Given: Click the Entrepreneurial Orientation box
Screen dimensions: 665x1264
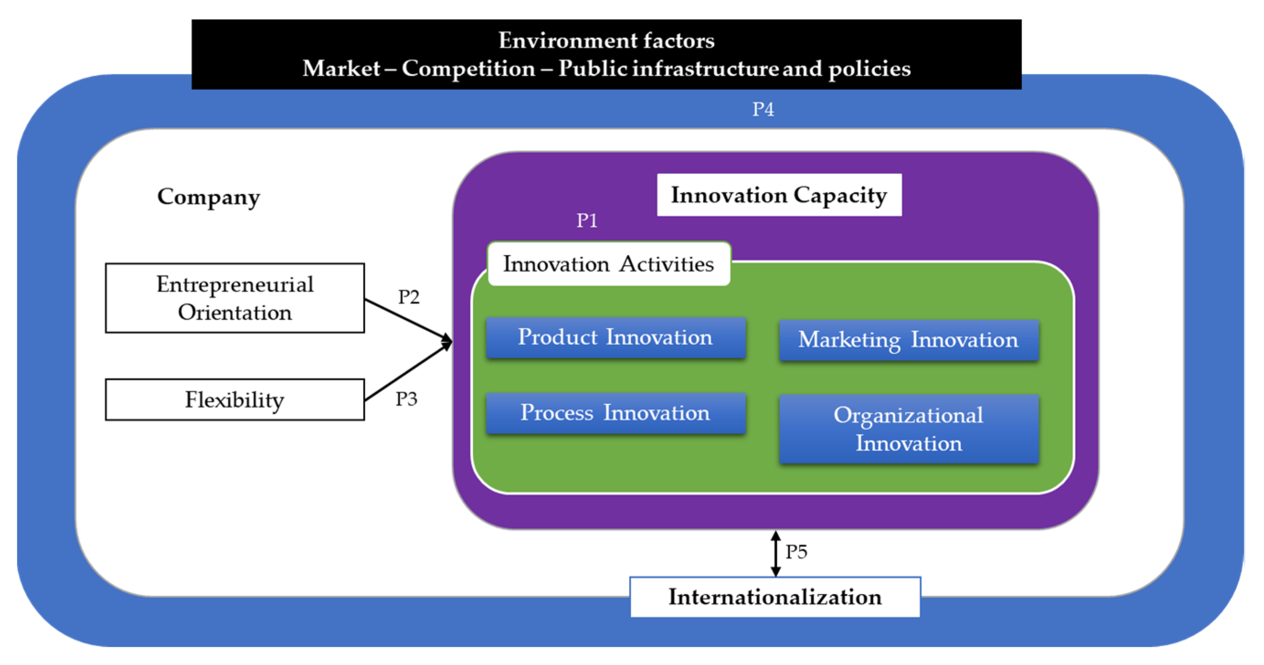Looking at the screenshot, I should pos(235,298).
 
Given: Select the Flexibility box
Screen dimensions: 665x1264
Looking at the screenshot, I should pos(235,399).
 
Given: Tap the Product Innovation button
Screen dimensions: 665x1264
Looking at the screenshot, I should pos(615,338).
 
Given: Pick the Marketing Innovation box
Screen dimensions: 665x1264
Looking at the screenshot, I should pos(908,340).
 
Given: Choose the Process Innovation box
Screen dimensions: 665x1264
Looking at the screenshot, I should pos(615,413).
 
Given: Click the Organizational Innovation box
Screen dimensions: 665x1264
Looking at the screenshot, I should pos(908,428).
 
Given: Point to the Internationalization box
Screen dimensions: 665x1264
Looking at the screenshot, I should pos(775,597).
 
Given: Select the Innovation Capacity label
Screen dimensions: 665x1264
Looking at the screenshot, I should pos(779,195).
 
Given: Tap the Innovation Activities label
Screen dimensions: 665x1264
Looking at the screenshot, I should pos(608,264).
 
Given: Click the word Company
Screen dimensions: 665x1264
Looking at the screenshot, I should pos(209,197).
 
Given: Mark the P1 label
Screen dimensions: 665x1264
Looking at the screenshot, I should pos(587,220).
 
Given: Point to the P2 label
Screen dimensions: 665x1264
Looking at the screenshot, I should pos(408,297).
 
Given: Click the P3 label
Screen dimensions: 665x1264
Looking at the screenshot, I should pos(406,399).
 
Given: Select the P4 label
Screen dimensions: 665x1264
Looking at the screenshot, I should pos(763,109).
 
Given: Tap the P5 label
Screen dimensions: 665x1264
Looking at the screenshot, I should pos(796,552).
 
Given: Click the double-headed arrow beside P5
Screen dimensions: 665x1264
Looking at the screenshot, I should pos(775,553).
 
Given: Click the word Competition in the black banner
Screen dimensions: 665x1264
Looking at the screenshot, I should pos(468,68).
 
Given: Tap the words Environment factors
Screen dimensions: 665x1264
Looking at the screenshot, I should pos(606,40).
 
